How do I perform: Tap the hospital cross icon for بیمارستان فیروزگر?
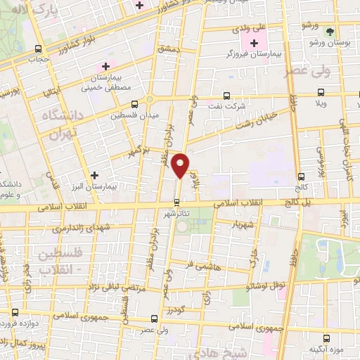click(x=254, y=44)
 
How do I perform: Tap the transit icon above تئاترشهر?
click(x=176, y=201)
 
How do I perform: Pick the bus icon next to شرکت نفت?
click(x=226, y=96)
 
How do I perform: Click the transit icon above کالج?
click(x=302, y=176)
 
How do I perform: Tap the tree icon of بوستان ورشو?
click(x=329, y=31)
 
